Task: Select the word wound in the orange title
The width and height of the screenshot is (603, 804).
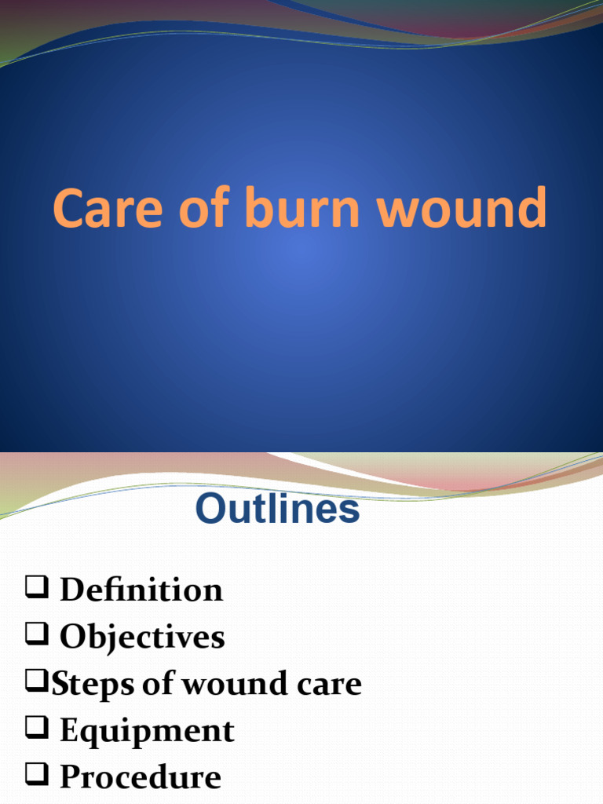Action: tap(462, 209)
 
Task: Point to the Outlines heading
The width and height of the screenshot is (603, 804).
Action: tap(277, 510)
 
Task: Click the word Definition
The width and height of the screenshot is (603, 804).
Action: tap(141, 590)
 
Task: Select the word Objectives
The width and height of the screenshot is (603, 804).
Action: tap(142, 637)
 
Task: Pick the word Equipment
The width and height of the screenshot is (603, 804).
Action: tap(147, 731)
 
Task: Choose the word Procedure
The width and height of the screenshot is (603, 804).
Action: tap(141, 777)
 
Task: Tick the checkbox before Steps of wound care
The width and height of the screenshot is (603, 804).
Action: tap(35, 682)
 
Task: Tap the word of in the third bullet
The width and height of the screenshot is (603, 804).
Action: tap(158, 685)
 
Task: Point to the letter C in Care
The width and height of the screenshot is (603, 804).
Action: tap(68, 209)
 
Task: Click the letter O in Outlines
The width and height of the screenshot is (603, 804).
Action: tap(210, 510)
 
